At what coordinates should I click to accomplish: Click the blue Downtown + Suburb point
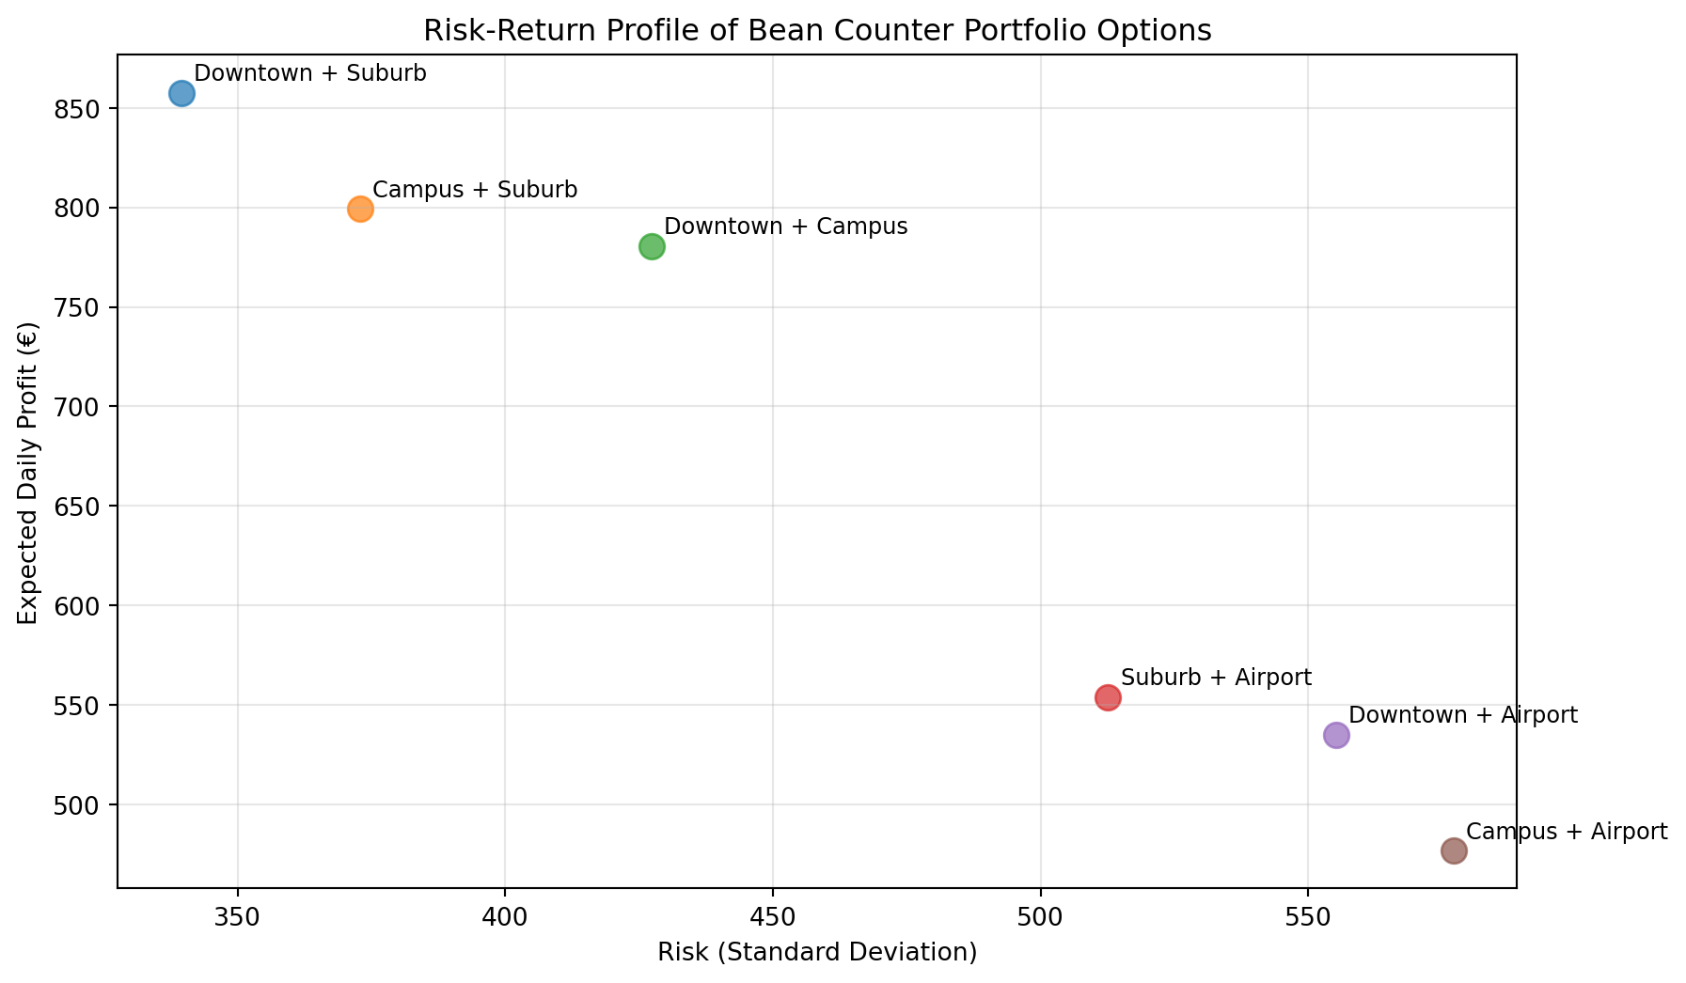coord(181,93)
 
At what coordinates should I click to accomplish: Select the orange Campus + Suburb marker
coord(360,209)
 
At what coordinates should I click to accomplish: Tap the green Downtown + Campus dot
coord(652,246)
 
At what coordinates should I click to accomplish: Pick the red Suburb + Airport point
coord(1108,697)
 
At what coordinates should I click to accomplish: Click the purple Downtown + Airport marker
coord(1336,735)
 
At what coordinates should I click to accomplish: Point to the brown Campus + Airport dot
coord(1454,850)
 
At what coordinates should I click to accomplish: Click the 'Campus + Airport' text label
coord(1567,832)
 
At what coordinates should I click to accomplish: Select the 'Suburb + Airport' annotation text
coord(1216,678)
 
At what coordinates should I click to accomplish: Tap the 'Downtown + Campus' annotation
coord(785,226)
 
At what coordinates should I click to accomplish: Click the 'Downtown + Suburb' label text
coord(310,73)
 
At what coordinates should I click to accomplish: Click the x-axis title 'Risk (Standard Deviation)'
coord(817,953)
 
